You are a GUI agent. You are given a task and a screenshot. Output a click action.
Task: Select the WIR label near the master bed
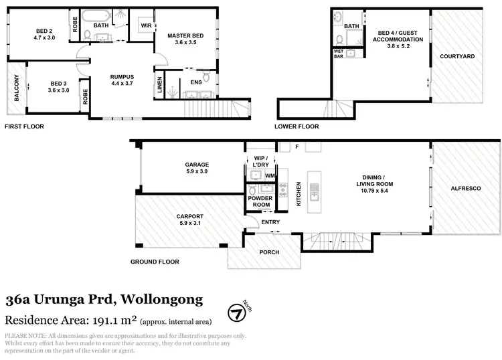pos(145,25)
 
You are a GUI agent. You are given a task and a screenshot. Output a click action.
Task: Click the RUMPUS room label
pos(122,77)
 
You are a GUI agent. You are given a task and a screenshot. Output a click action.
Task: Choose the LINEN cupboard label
pos(159,84)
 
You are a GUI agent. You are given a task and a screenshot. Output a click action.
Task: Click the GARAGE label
pos(197,165)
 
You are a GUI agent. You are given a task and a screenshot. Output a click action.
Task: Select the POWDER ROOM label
pos(259,201)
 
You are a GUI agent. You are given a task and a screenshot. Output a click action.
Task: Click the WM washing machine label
pos(270,176)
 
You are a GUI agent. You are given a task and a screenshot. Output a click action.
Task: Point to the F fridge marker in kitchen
pos(297,146)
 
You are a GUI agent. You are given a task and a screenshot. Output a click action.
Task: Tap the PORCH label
pos(269,252)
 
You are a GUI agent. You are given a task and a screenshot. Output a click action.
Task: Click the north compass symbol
pos(236,313)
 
